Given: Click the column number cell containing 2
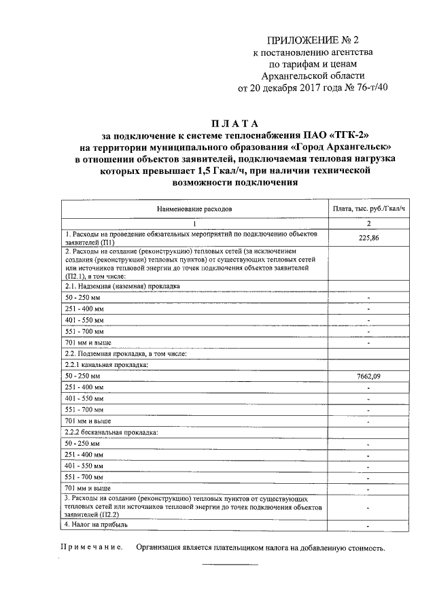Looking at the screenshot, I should (368, 224).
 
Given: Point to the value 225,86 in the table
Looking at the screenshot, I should (368, 239).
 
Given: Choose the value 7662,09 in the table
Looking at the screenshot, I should (368, 376).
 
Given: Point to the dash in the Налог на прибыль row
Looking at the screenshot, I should (368, 525).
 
